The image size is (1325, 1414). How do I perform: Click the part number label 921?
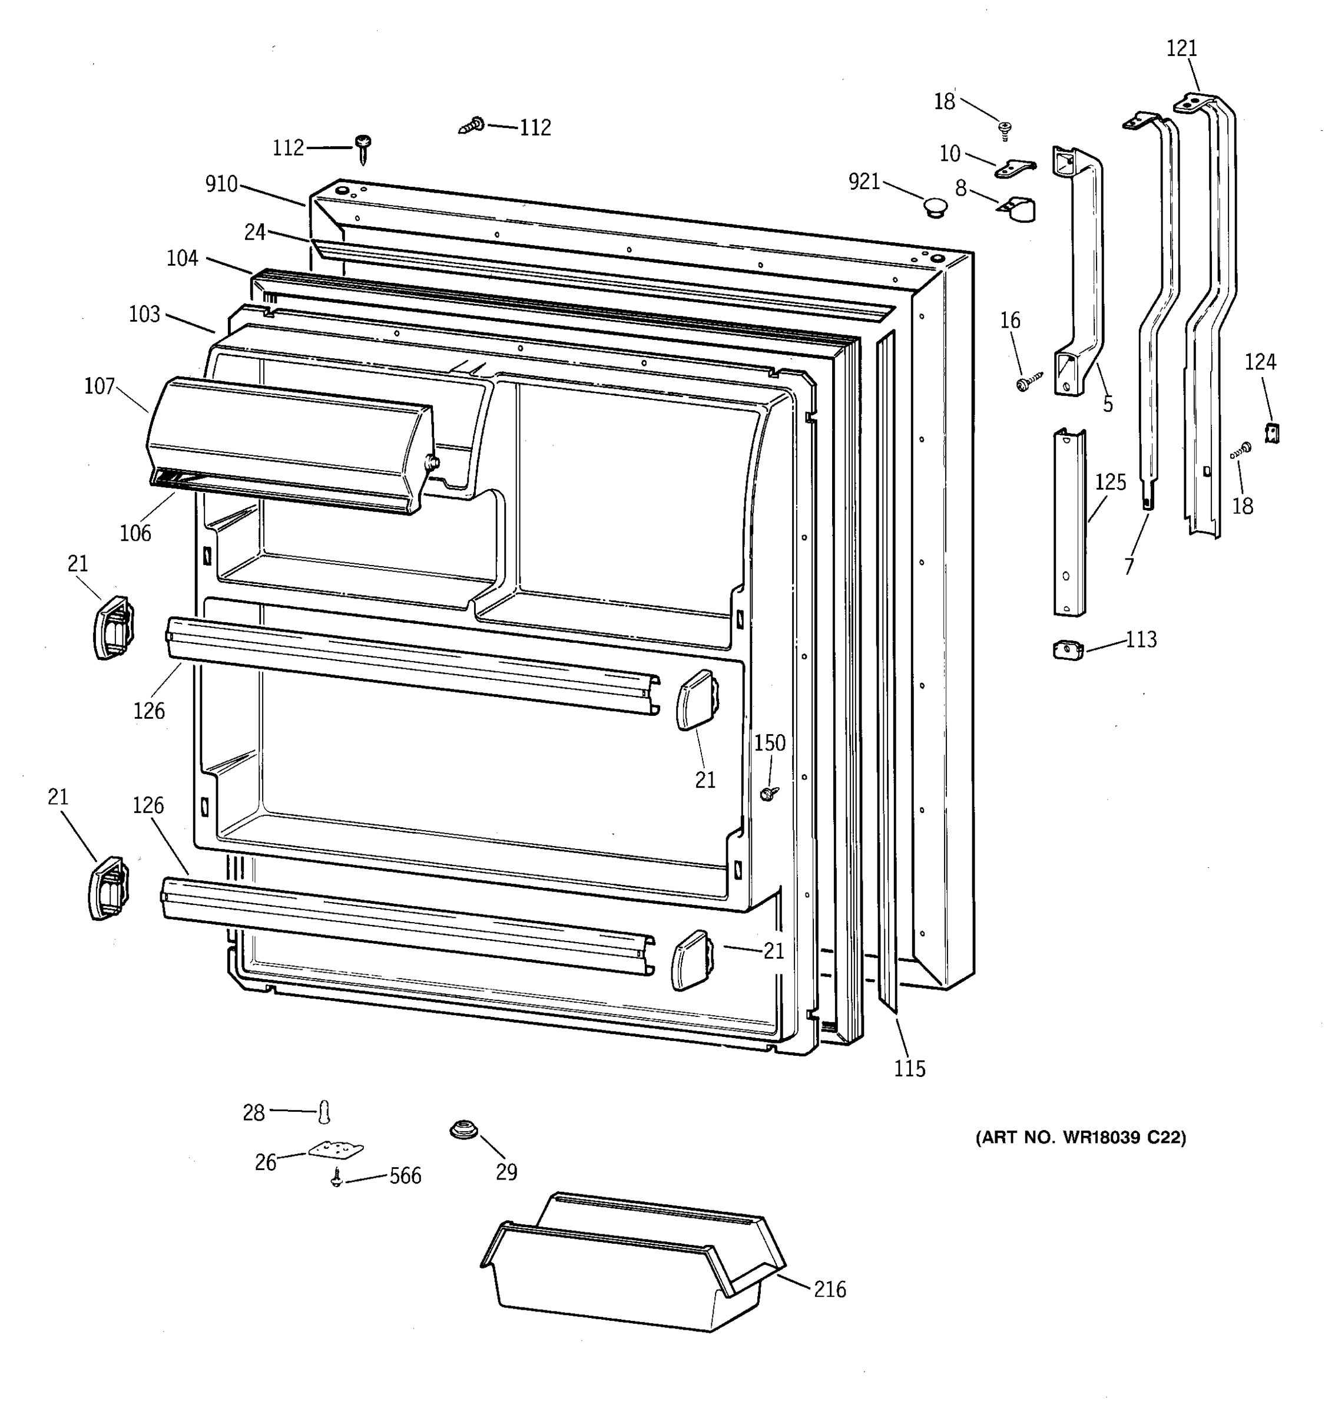[864, 182]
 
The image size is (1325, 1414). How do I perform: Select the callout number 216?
[830, 1289]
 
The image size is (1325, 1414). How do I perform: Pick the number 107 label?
[100, 386]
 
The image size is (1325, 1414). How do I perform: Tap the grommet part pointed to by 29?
[463, 1129]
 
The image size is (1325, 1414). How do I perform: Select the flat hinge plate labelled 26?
[336, 1149]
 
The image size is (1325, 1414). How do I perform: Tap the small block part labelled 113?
[1068, 649]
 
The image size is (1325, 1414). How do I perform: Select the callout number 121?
[1181, 48]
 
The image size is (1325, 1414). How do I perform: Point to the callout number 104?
[182, 258]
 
